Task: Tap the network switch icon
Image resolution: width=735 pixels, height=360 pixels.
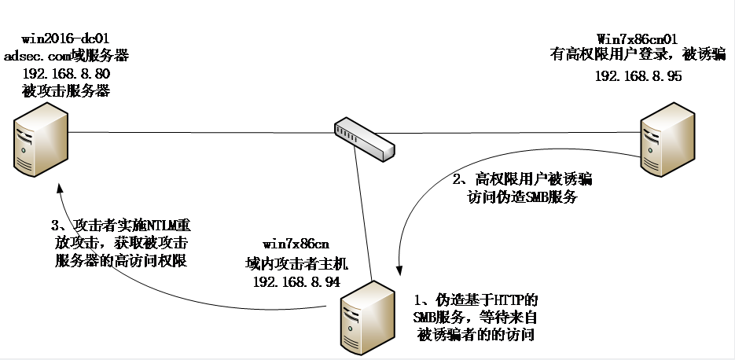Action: click(x=363, y=138)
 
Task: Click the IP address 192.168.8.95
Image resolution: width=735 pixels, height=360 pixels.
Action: click(x=638, y=76)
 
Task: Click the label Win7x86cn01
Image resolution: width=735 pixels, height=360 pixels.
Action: click(x=638, y=38)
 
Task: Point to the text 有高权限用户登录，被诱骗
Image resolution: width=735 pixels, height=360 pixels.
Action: click(x=638, y=55)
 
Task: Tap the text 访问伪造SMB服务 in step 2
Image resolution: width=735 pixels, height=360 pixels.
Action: click(x=523, y=197)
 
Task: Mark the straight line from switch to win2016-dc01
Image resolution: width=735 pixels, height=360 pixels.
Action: click(x=197, y=133)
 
